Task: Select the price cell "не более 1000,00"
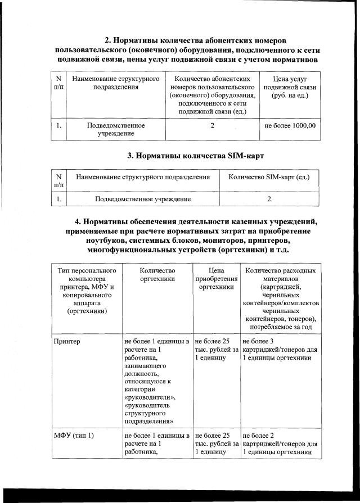(x=290, y=125)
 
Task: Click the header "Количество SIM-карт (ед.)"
(x=269, y=178)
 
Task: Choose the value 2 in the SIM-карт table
(x=269, y=199)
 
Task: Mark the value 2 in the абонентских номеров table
(x=212, y=125)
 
